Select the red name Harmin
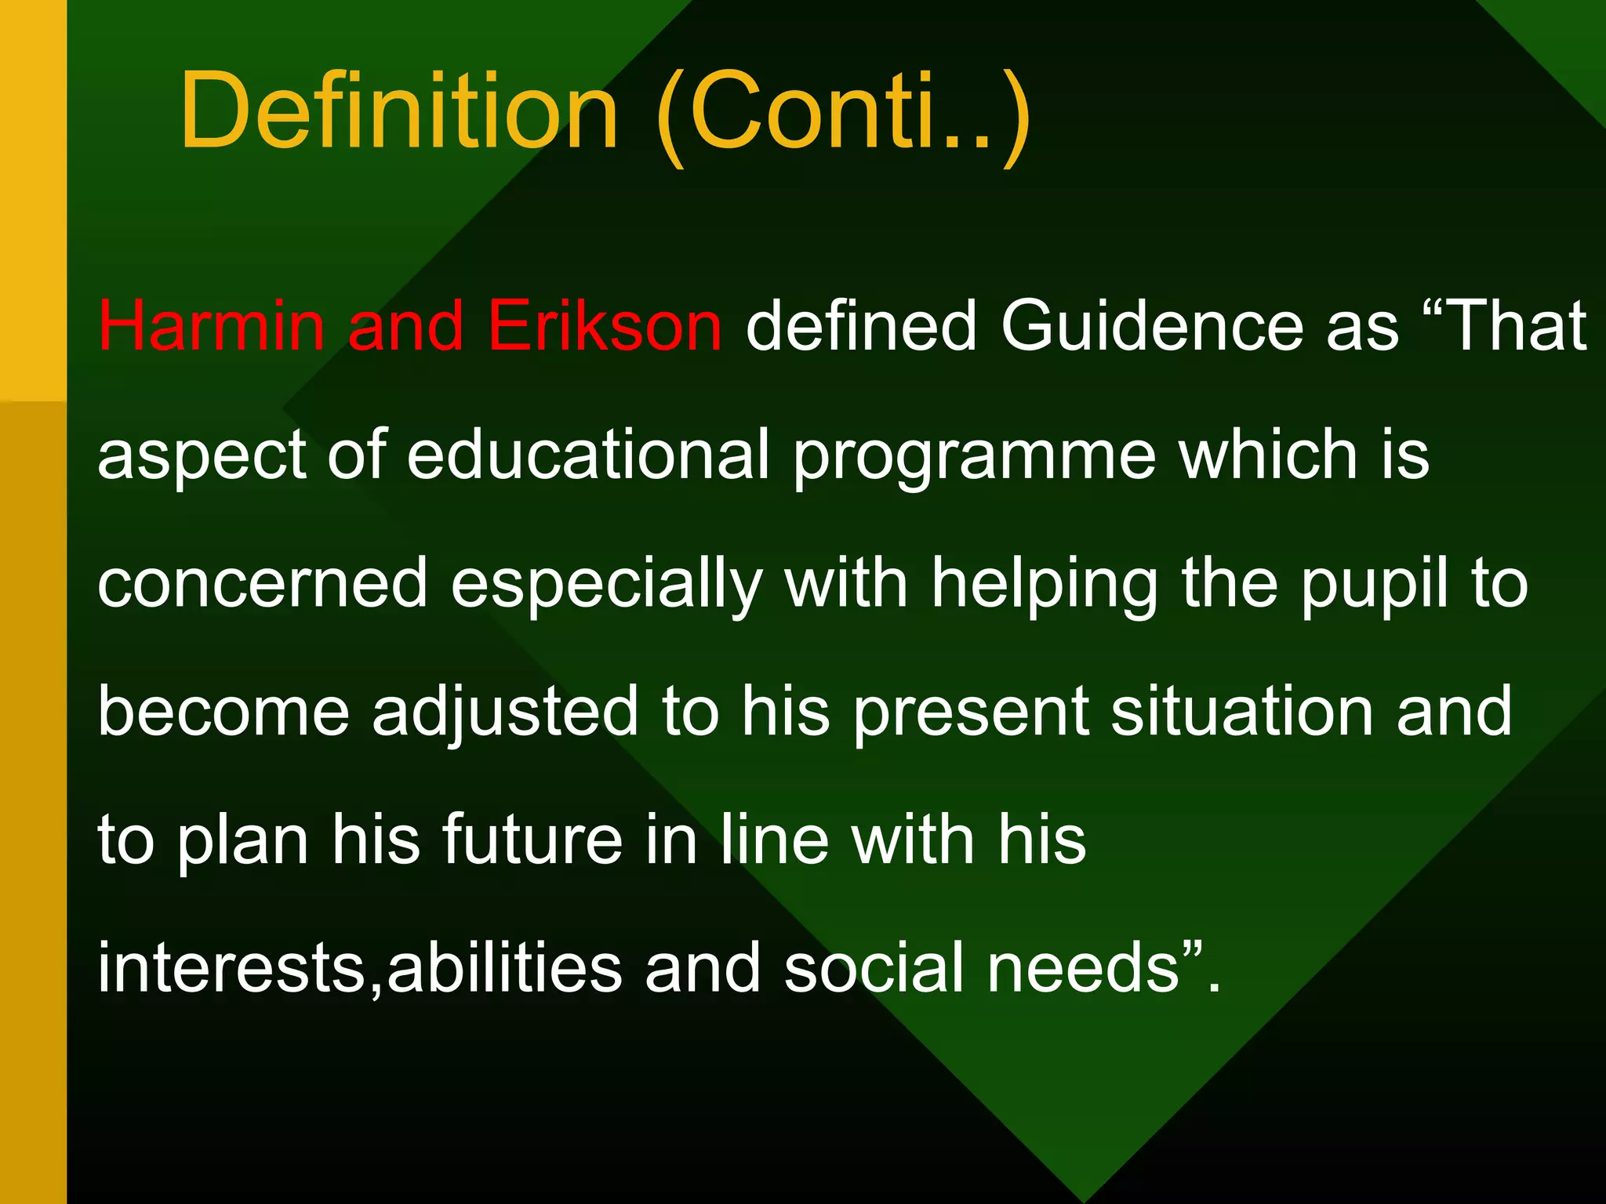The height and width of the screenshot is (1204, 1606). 211,325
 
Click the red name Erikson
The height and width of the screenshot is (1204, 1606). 604,325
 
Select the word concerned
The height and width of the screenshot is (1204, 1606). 262,584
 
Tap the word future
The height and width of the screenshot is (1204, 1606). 532,840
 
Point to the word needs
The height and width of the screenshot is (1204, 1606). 1083,969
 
